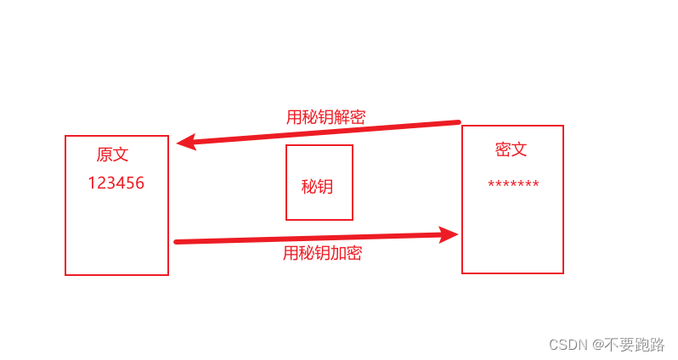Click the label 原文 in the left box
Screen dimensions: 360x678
[113, 155]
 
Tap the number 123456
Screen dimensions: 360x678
[116, 183]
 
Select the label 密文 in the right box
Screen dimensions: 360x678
[511, 149]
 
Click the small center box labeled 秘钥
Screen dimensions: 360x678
[319, 183]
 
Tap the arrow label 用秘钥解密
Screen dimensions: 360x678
[325, 118]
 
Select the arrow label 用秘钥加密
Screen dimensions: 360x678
[322, 253]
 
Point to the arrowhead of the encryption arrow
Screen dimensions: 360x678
[449, 234]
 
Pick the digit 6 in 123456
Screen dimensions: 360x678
[139, 183]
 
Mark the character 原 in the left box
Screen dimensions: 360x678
[105, 155]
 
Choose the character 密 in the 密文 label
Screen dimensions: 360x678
[503, 149]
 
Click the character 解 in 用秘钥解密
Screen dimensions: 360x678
[342, 118]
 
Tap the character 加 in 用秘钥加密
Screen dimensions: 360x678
[338, 253]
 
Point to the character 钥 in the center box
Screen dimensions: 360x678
[325, 187]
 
